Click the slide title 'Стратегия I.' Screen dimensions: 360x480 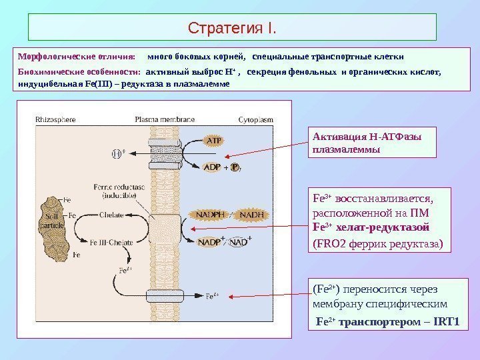coord(232,29)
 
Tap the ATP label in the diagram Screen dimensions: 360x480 coord(213,141)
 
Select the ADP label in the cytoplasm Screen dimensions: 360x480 coord(212,167)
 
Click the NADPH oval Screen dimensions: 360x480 coord(211,215)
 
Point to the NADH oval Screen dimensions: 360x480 coord(251,215)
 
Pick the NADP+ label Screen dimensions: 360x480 coord(212,242)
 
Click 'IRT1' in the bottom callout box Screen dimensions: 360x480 coord(446,322)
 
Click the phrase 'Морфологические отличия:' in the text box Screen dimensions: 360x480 coord(76,57)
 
